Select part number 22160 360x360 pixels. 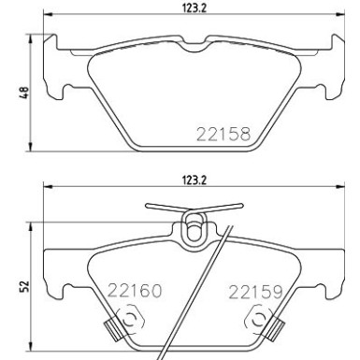135,291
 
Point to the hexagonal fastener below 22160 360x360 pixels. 131,322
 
